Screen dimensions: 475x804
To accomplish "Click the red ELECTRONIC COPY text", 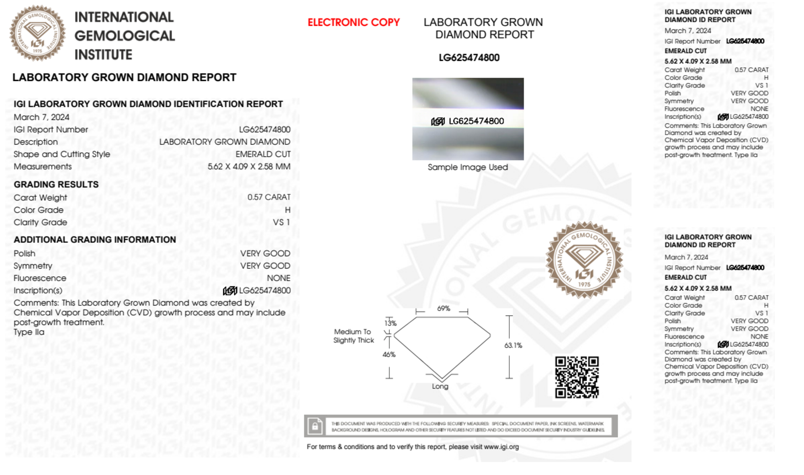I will [x=354, y=23].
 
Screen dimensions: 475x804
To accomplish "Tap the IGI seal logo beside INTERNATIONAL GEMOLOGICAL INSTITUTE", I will [x=37, y=33].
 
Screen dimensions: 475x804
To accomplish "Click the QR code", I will [x=577, y=377].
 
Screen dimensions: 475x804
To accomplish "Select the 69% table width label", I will [x=443, y=308].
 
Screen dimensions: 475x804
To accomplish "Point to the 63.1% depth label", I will [x=513, y=345].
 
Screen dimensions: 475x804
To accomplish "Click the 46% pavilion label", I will [x=389, y=354].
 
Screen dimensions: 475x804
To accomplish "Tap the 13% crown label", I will [x=390, y=323].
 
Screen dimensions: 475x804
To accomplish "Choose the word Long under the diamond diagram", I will [x=440, y=386].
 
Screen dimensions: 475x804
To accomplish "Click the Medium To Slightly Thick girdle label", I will [x=353, y=336].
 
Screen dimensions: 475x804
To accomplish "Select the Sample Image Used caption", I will [x=468, y=167].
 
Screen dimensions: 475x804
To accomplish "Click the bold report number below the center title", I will [x=469, y=58].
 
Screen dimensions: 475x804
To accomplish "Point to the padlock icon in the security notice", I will [x=315, y=426].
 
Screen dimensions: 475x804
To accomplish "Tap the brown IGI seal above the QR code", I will [x=584, y=260].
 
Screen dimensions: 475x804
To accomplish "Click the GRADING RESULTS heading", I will [x=56, y=185].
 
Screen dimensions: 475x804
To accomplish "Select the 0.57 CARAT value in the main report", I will [x=269, y=197].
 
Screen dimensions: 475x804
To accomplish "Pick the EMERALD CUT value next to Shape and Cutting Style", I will [x=263, y=154].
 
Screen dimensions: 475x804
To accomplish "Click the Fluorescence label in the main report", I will [x=40, y=278].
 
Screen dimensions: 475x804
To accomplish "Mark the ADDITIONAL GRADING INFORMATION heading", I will [x=95, y=240].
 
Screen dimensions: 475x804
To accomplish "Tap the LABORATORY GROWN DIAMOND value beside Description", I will [x=225, y=142].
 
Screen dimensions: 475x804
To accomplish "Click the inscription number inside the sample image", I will [x=476, y=121].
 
